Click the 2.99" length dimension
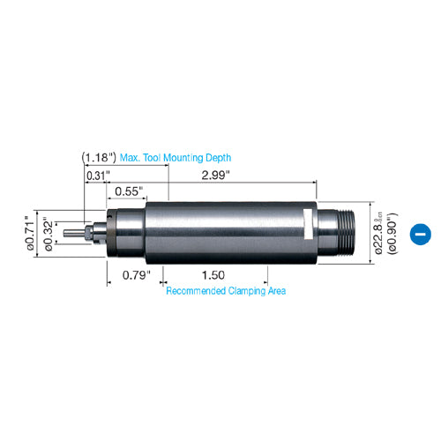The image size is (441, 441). (216, 175)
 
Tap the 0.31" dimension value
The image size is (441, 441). (98, 175)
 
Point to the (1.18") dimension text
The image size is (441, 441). (98, 157)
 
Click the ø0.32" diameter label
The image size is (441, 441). (50, 232)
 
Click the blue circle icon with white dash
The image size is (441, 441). (421, 235)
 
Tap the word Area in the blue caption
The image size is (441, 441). (275, 289)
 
